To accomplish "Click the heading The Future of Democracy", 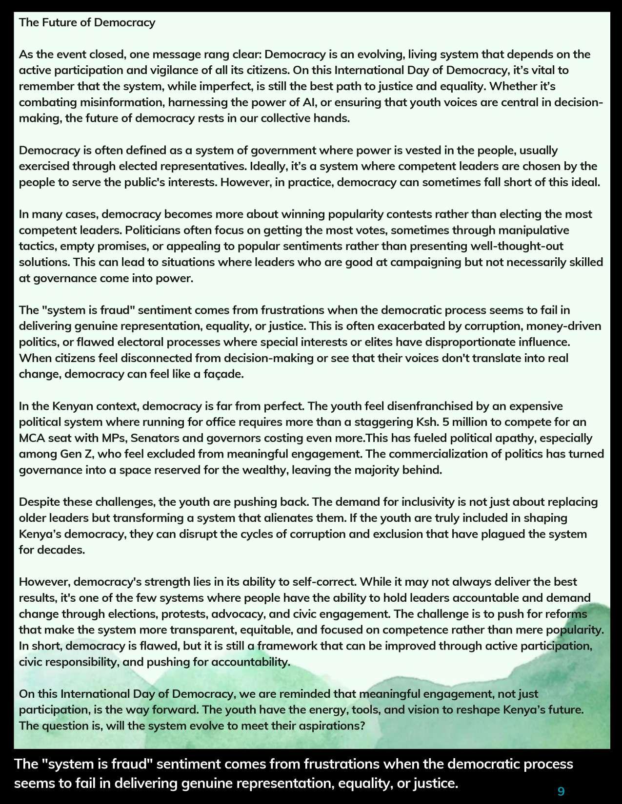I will pyautogui.click(x=87, y=22).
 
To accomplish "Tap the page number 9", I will pyautogui.click(x=561, y=791).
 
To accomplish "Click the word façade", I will pyautogui.click(x=223, y=374).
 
